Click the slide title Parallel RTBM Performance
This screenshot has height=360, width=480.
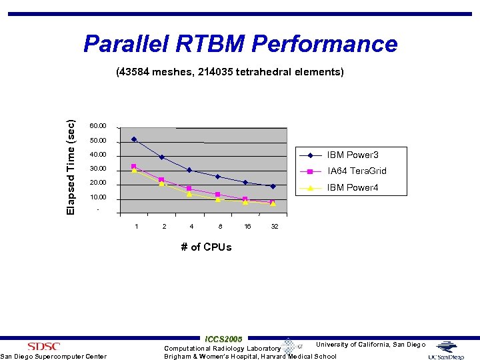[x=240, y=44]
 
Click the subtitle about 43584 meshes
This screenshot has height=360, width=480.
[x=229, y=71]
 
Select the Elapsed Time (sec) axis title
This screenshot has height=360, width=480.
[x=71, y=167]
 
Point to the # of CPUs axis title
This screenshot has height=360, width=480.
[x=206, y=247]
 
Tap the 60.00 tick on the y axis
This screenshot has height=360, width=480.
[x=97, y=126]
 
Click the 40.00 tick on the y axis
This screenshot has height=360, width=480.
[x=97, y=155]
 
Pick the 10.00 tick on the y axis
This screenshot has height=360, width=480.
[x=97, y=198]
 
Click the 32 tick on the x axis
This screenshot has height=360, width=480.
[x=274, y=227]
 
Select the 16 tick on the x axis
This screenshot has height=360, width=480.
[x=247, y=227]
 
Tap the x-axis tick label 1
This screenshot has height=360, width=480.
[x=137, y=227]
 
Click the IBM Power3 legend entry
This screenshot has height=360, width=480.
[x=353, y=155]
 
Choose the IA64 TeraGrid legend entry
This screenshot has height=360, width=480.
[x=357, y=171]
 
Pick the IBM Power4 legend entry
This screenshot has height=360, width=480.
[x=353, y=187]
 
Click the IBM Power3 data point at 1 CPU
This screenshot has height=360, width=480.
[x=134, y=139]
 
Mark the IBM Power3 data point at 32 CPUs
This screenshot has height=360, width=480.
[x=273, y=187]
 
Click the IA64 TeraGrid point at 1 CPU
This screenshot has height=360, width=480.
[x=134, y=166]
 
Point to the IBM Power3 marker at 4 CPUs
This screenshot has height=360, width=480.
[x=189, y=170]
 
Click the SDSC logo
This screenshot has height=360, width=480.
[x=44, y=346]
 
